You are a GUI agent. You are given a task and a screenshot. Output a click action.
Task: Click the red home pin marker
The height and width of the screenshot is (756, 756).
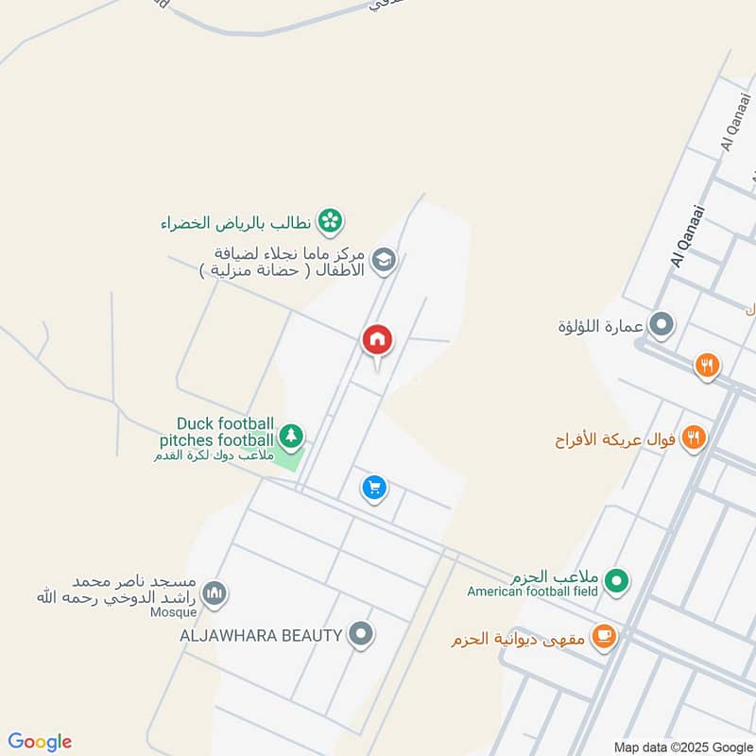(377, 340)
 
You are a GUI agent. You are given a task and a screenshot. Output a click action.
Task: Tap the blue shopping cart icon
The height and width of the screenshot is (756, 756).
(374, 488)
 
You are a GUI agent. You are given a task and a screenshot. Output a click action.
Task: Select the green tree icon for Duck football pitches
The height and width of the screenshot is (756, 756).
(291, 436)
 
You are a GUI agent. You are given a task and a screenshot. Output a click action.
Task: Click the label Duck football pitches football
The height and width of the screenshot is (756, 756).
(225, 432)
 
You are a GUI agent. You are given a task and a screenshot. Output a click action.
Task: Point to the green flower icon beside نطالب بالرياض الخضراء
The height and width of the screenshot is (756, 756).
(330, 222)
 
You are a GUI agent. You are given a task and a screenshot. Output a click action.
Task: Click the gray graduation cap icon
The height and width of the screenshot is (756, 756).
(383, 261)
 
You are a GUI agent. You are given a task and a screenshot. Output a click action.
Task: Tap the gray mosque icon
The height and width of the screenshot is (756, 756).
(215, 593)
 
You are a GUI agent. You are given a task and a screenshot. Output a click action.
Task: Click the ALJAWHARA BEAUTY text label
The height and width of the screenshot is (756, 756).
(261, 635)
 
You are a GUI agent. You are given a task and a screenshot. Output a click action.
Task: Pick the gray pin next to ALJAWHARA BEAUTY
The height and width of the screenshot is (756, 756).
(359, 634)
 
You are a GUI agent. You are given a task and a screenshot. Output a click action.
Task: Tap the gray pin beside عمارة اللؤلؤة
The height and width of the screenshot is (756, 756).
(662, 326)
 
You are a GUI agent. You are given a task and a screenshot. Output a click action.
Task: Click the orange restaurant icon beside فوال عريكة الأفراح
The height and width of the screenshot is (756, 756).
(695, 438)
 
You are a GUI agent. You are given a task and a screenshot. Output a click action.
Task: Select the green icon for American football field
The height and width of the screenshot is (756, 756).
(616, 579)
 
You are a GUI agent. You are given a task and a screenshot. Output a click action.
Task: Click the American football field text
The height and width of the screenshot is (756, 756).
(533, 592)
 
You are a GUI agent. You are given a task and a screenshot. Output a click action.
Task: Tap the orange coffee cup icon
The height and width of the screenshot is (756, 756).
(603, 637)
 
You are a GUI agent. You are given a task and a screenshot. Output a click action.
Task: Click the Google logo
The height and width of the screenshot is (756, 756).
(40, 742)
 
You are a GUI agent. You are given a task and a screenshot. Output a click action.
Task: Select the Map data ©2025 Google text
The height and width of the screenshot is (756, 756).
(682, 747)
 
